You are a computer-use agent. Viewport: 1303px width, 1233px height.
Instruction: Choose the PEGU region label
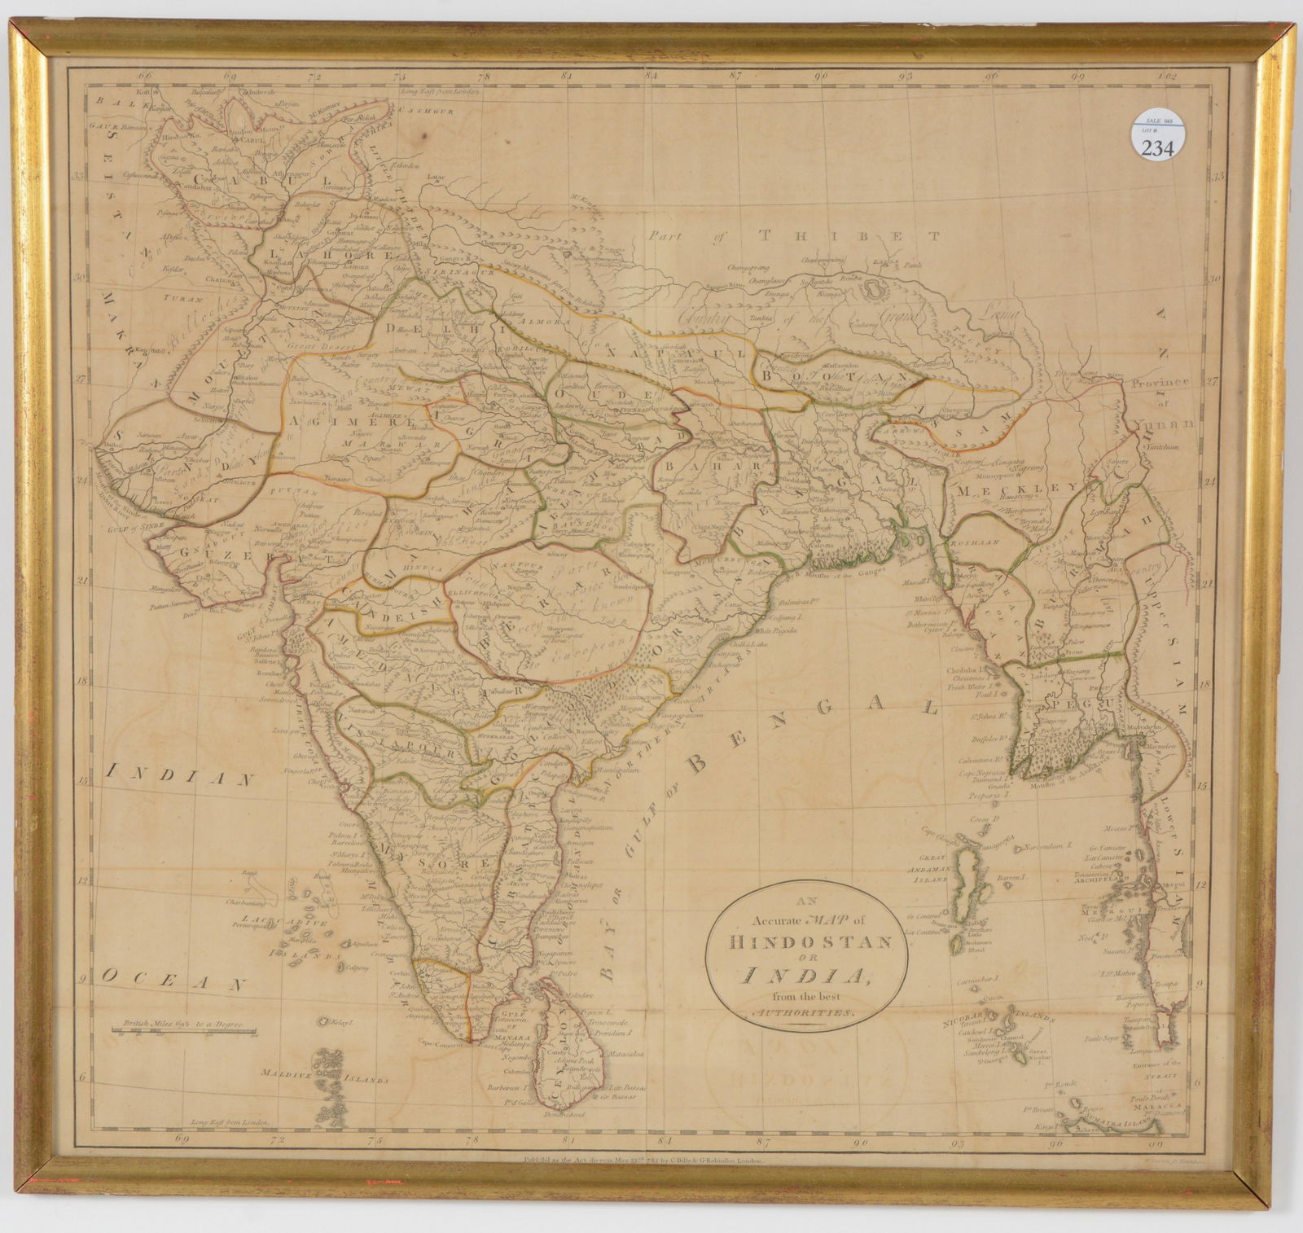[x=1057, y=704]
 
